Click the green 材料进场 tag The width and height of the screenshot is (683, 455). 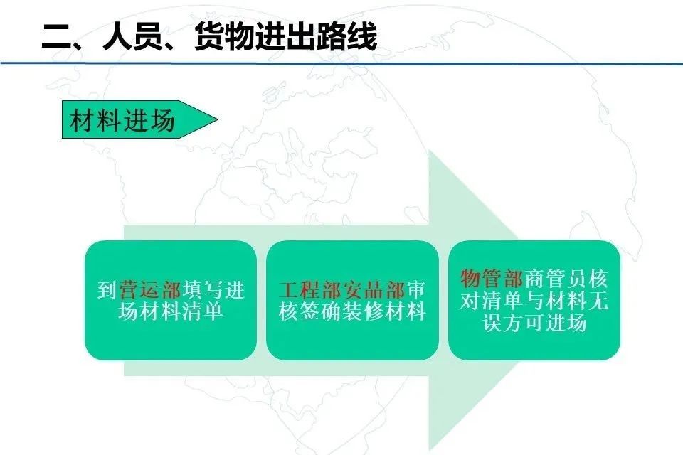tap(139, 119)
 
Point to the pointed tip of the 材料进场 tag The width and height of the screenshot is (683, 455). tap(218, 119)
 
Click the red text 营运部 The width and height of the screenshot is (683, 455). tap(150, 290)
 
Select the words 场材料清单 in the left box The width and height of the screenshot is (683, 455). tap(170, 312)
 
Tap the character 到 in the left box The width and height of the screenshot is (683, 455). tap(107, 290)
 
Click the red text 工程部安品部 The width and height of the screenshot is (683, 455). tap(342, 290)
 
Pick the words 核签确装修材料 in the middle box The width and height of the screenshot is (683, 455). tap(352, 312)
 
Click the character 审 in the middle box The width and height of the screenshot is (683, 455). tap(416, 290)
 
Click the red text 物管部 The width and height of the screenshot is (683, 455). tap(492, 279)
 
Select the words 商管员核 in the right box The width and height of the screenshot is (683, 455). tap(566, 279)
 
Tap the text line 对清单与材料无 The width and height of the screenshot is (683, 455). tap(534, 301)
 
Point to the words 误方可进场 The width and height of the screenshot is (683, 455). tap(534, 323)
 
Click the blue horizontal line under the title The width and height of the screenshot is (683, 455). tap(341, 63)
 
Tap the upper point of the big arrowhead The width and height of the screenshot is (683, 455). tap(429, 151)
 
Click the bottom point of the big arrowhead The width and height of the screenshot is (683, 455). tap(429, 450)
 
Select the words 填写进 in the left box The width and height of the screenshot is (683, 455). tap(214, 290)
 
